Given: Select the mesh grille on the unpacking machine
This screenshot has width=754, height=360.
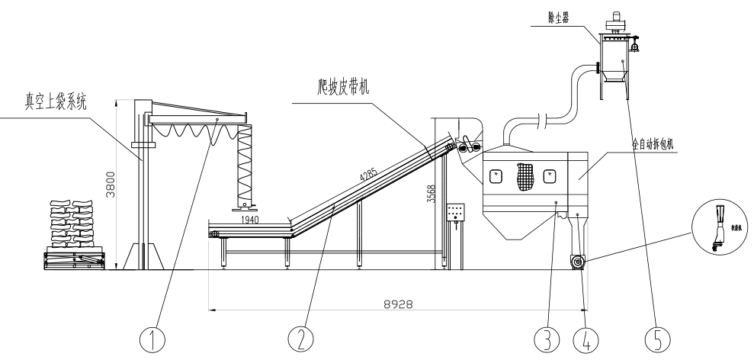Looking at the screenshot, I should coord(524,178).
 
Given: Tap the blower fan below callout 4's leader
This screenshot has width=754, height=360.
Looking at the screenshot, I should coord(576,263).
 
